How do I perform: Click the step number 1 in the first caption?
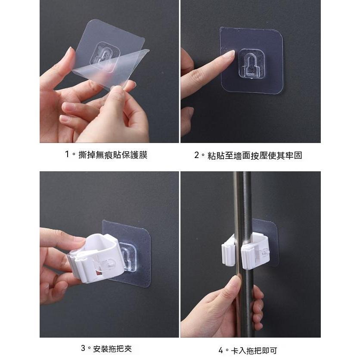click(x=67, y=154)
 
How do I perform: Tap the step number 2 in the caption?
click(x=196, y=155)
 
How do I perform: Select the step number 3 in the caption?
click(x=83, y=348)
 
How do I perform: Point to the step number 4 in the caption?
click(x=220, y=351)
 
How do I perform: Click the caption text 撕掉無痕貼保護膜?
click(x=113, y=155)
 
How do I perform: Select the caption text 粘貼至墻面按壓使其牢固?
click(x=254, y=155)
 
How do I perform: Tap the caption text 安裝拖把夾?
click(x=112, y=348)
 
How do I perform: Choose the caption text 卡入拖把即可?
click(x=254, y=351)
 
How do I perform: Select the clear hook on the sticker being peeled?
click(x=105, y=57)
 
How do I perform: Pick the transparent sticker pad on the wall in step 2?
click(x=251, y=61)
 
